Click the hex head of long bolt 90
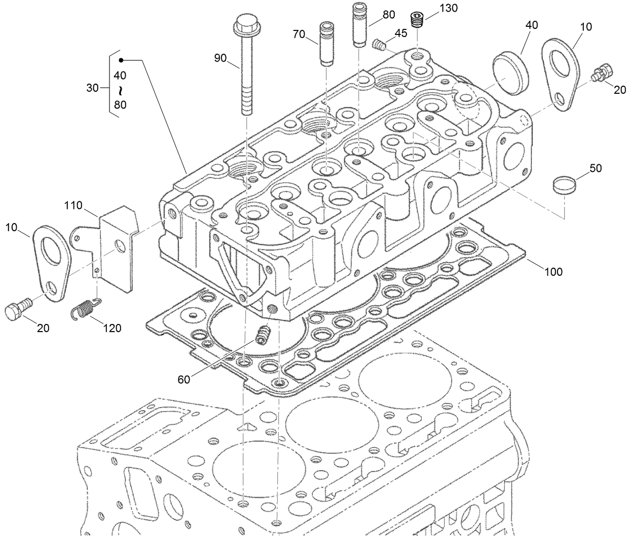pyautogui.click(x=244, y=23)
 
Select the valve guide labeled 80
pyautogui.click(x=358, y=25)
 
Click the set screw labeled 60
pyautogui.click(x=262, y=335)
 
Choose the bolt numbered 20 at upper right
pyautogui.click(x=603, y=74)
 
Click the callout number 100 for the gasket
pyautogui.click(x=554, y=272)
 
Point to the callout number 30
pyautogui.click(x=92, y=88)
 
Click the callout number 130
pyautogui.click(x=448, y=8)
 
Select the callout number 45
pyautogui.click(x=400, y=33)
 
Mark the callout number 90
pyautogui.click(x=220, y=58)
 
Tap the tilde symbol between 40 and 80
pyautogui.click(x=120, y=90)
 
